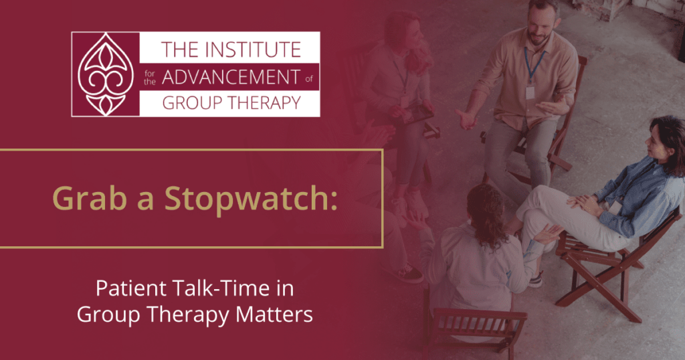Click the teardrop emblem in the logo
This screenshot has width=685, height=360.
[x=104, y=74]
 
